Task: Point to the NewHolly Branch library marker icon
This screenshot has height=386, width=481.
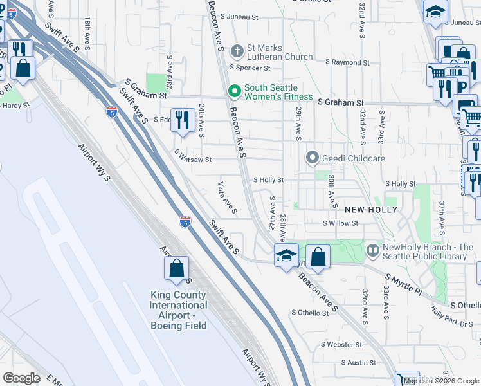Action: pyautogui.click(x=372, y=249)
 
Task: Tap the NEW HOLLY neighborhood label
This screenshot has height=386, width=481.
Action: pyautogui.click(x=371, y=210)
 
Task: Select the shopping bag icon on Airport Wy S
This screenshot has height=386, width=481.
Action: pyautogui.click(x=176, y=268)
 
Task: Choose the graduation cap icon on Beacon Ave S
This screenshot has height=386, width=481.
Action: pyautogui.click(x=286, y=255)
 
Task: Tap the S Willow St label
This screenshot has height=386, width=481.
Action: pyautogui.click(x=340, y=224)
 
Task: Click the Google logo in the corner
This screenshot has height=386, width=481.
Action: pyautogui.click(x=21, y=378)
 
